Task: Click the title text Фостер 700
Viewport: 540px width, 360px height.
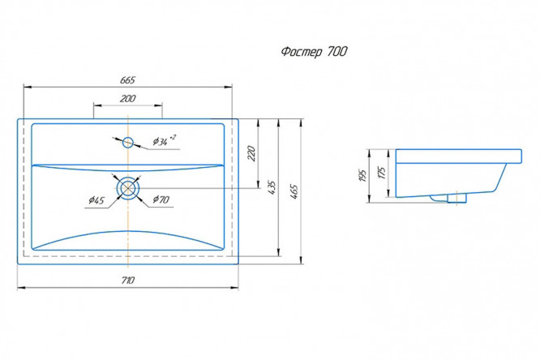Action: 314,52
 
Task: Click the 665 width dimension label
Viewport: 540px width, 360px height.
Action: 128,80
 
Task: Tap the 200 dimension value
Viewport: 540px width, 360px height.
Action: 128,99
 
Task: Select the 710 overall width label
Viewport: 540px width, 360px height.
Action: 128,281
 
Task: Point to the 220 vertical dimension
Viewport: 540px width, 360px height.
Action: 251,153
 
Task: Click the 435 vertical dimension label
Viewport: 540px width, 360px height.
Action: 272,187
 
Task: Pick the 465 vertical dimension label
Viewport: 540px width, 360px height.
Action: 294,191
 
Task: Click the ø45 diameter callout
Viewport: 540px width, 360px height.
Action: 96,199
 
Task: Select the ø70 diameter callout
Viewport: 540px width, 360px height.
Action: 161,199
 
